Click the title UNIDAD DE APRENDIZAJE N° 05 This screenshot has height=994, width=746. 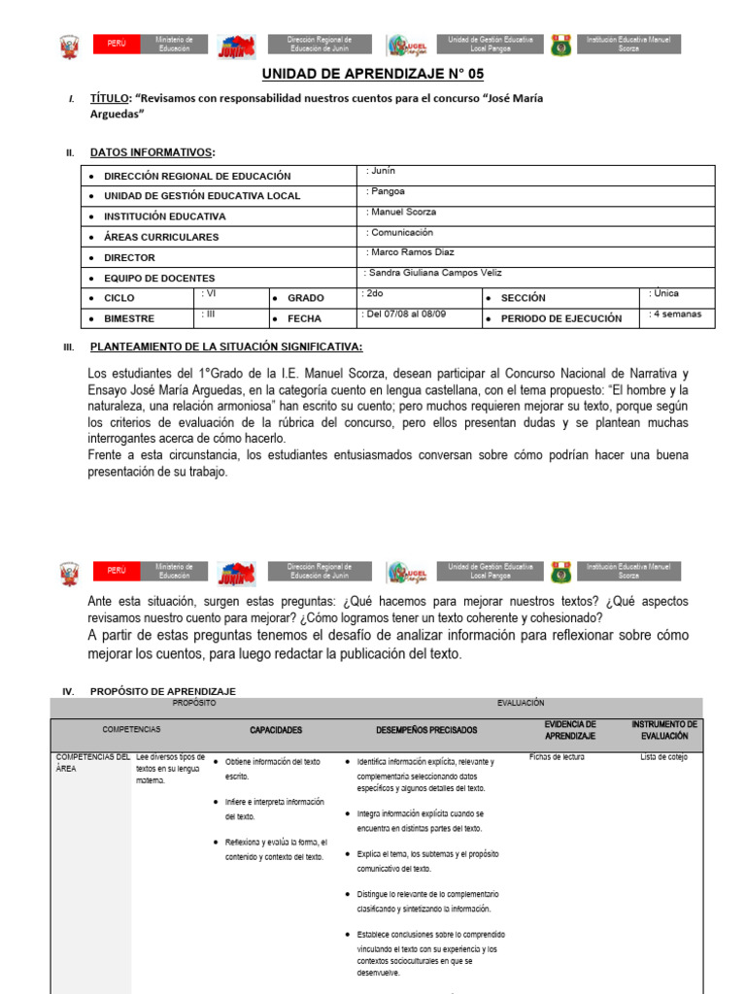[x=373, y=74]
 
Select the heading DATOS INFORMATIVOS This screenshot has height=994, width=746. [x=152, y=152]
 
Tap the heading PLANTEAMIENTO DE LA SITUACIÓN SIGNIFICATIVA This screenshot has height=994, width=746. [x=226, y=347]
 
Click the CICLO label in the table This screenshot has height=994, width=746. [x=119, y=298]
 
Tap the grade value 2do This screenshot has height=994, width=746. [x=373, y=292]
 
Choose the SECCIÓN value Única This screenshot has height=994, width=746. [x=664, y=292]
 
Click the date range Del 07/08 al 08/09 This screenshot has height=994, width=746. [x=405, y=315]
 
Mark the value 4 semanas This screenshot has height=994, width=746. [x=675, y=315]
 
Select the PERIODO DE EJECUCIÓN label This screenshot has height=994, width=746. [x=560, y=318]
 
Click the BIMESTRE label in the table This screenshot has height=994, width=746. [x=129, y=318]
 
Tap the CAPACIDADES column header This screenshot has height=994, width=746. [x=276, y=730]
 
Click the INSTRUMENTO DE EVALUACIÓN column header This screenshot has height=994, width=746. [x=664, y=730]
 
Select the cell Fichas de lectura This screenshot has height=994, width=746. [x=557, y=757]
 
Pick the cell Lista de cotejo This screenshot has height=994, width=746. [x=662, y=757]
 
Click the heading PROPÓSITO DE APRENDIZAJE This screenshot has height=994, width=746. [x=162, y=691]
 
